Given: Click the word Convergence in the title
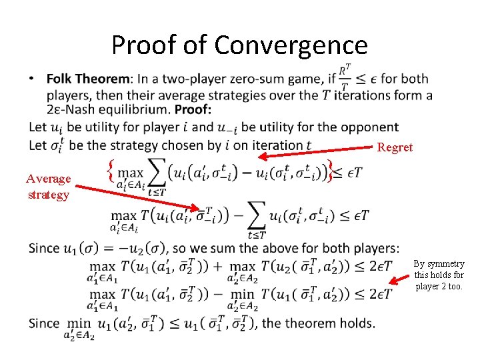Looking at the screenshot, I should [291, 45].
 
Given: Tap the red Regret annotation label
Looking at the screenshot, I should [395, 147].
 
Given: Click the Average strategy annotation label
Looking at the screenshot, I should [47, 187].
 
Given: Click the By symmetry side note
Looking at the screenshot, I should [439, 275].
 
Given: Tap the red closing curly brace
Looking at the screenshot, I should [331, 171].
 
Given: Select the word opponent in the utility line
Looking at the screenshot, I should [362, 127].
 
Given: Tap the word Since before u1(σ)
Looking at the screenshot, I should [44, 248].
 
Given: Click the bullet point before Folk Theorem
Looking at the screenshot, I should [33, 79].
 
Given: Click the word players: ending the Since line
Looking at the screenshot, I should [375, 248].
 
